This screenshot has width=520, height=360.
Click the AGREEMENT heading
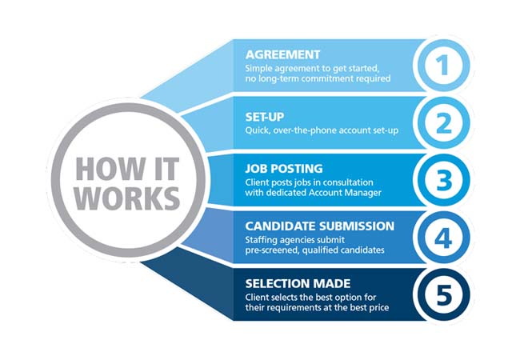click(x=284, y=55)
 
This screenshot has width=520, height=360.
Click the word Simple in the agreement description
click(x=260, y=68)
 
